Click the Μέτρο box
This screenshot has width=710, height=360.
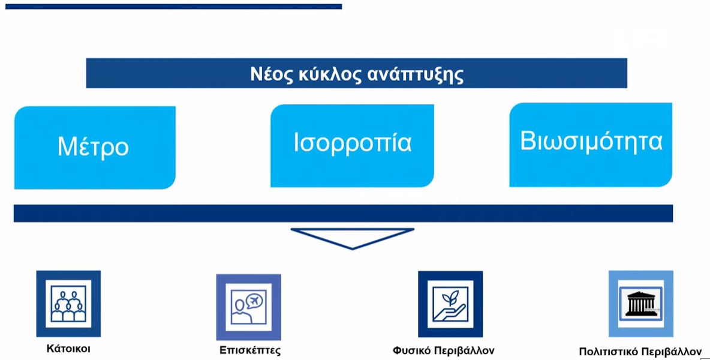[95, 148]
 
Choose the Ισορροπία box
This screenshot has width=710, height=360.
[352, 145]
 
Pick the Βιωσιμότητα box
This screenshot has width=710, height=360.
[591, 145]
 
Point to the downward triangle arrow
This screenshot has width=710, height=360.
[352, 238]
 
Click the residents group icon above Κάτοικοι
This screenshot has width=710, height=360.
[68, 304]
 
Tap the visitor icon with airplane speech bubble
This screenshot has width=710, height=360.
[249, 307]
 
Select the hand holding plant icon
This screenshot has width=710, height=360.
[450, 304]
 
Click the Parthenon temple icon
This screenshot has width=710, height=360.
[640, 304]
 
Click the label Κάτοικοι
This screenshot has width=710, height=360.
[68, 349]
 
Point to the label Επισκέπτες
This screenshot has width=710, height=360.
[250, 350]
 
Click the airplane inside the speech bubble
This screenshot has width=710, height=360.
[255, 300]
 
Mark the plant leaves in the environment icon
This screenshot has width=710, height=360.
[451, 298]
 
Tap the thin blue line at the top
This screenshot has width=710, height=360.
[173, 7]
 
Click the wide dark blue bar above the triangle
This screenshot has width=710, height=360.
[343, 213]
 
